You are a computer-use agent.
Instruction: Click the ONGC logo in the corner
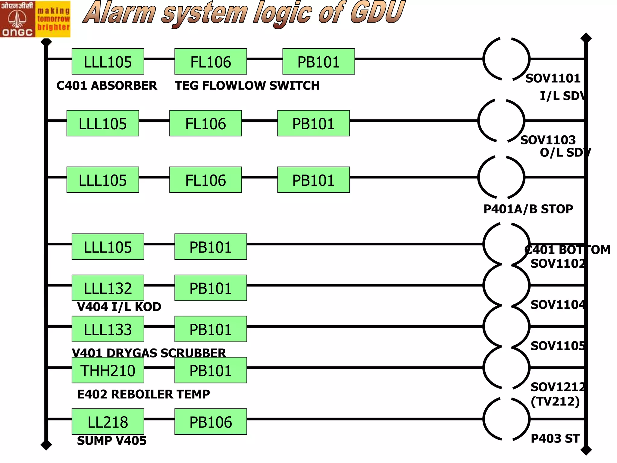coord(35,19)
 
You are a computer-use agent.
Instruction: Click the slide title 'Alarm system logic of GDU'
coord(244,14)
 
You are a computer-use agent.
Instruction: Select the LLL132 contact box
coord(108,288)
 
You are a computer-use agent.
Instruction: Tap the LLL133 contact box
coord(108,329)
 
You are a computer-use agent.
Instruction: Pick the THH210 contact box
coord(108,370)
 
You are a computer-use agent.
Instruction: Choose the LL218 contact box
coord(108,421)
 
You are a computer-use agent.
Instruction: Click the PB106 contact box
coord(211,421)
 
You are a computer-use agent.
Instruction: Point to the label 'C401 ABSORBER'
coord(107,86)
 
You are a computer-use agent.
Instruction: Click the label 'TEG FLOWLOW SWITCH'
coord(247,86)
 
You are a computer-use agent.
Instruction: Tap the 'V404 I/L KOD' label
coord(119,307)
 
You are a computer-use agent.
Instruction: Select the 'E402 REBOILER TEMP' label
coord(143,394)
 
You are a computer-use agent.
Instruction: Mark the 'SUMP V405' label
coord(112,441)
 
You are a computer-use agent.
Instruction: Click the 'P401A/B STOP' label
coord(528,209)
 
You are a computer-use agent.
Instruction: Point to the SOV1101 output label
coord(553,78)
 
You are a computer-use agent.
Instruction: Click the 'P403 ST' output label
coord(555,439)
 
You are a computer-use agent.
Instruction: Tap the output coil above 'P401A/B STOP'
coord(501,178)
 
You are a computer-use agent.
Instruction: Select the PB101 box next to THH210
coord(211,370)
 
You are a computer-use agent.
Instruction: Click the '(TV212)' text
coord(555,402)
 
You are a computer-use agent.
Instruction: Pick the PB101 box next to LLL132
coord(211,288)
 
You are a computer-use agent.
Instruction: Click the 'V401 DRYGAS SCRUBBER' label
coord(149,353)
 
